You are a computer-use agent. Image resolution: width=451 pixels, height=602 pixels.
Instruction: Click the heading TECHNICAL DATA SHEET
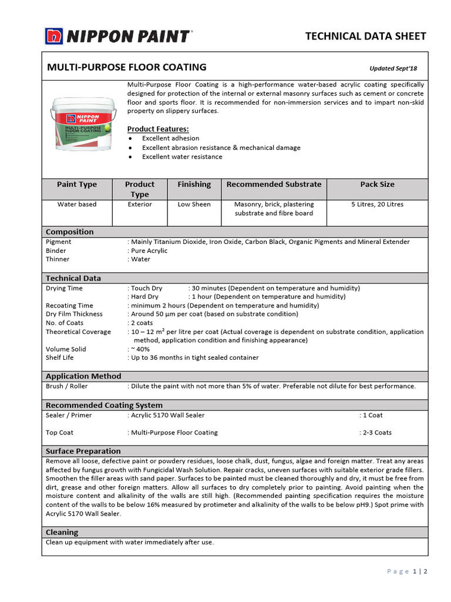click(x=365, y=36)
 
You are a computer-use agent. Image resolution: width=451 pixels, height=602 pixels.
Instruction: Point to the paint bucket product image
click(x=83, y=126)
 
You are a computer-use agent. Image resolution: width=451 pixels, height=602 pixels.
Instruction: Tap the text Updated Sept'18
click(x=393, y=68)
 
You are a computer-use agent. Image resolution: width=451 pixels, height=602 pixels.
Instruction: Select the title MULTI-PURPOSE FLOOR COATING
click(x=126, y=67)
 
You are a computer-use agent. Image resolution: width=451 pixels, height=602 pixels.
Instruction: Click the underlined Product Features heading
click(x=158, y=129)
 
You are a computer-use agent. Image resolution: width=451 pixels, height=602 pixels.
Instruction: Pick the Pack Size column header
click(x=377, y=185)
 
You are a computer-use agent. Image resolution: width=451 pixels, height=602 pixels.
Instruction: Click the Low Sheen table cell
click(x=194, y=205)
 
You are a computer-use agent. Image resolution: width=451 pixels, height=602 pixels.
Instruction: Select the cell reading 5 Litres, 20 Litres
click(x=377, y=205)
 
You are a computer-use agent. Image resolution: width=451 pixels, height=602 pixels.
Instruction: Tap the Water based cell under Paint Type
click(x=77, y=205)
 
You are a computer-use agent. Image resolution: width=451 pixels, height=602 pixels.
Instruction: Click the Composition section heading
click(x=69, y=232)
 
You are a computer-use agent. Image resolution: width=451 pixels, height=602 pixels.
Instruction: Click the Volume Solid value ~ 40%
click(x=140, y=349)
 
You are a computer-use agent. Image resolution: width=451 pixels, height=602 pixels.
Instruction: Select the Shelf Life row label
click(x=59, y=357)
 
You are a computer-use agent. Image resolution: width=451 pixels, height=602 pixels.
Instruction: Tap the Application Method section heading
click(x=83, y=376)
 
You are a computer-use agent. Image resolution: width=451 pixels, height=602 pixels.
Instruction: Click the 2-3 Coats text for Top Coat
click(x=377, y=433)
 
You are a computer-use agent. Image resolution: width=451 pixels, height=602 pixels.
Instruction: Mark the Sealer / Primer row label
click(x=69, y=415)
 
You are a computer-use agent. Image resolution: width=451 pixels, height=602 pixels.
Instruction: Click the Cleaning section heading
click(x=62, y=533)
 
